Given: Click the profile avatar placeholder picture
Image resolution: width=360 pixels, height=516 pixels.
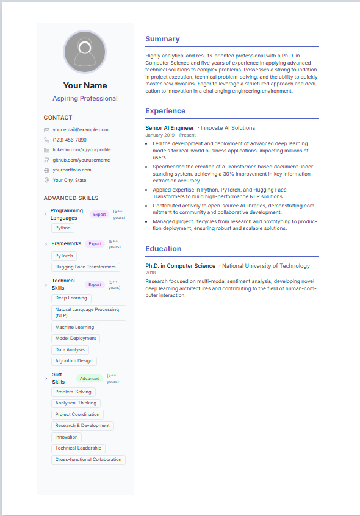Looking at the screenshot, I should [x=85, y=52].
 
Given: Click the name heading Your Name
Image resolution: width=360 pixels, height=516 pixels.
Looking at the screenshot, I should [x=85, y=85].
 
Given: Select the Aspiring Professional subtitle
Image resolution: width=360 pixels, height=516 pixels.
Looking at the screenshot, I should [x=85, y=98].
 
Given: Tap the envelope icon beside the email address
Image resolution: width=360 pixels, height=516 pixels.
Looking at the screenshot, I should [x=46, y=130].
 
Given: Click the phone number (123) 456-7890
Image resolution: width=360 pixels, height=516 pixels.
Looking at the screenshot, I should [x=70, y=140].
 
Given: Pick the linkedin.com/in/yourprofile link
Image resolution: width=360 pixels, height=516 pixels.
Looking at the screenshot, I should [x=81, y=149].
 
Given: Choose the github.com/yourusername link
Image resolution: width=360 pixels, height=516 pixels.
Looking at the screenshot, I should [x=81, y=160].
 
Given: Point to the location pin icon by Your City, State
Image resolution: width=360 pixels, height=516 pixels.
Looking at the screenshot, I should [x=46, y=180].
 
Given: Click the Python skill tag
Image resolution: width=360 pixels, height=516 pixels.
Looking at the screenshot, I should [x=63, y=228].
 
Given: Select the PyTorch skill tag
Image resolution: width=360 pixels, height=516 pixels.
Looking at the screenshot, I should [x=63, y=256].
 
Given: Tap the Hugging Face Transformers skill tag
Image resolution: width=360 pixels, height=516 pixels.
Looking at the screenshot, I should [x=85, y=267].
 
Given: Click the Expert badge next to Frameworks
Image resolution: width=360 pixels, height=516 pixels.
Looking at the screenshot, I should [x=95, y=244].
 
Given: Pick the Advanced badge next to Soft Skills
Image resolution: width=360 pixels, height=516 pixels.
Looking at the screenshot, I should [x=90, y=378].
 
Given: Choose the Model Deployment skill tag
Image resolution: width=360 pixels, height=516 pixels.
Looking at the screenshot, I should [x=76, y=339].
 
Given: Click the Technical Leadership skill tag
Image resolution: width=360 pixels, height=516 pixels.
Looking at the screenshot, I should [x=78, y=448].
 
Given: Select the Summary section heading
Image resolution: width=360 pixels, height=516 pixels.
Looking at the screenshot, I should [x=162, y=39].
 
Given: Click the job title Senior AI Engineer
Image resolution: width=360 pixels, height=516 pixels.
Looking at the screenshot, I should [x=170, y=128].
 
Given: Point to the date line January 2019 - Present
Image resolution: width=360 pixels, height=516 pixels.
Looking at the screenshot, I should [x=170, y=135].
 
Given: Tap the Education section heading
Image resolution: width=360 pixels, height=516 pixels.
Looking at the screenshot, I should [x=163, y=249].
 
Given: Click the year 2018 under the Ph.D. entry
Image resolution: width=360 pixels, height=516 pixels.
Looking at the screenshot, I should [x=151, y=273].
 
